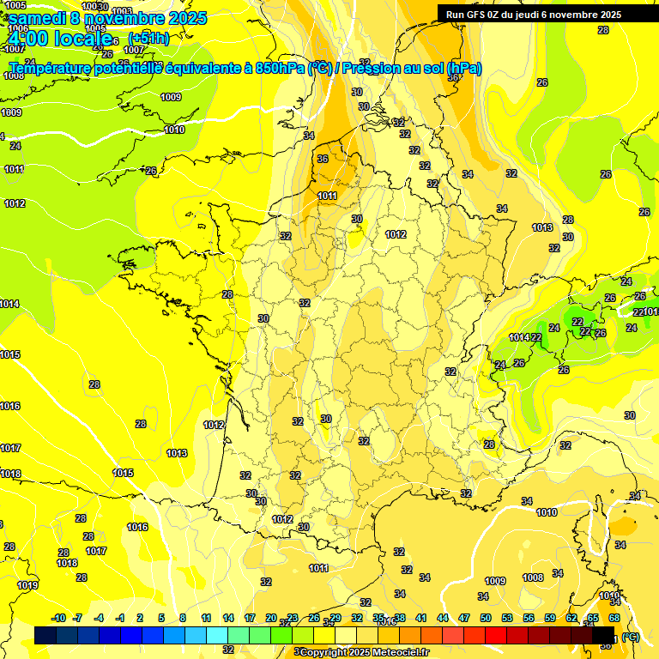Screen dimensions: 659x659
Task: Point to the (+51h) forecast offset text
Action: (148, 39)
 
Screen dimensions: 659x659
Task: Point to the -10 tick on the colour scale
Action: (58, 618)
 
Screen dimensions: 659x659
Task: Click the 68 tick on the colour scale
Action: (614, 618)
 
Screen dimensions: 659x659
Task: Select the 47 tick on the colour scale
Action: (464, 618)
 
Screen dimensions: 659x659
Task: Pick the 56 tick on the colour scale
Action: (529, 618)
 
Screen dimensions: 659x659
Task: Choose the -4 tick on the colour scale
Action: (99, 618)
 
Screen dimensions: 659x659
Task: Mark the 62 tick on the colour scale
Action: (571, 618)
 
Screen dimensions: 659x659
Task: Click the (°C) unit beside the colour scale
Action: (631, 637)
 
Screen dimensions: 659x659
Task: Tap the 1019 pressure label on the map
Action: (27, 585)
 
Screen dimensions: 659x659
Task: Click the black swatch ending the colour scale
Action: (603, 635)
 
